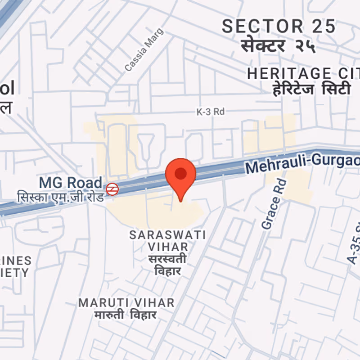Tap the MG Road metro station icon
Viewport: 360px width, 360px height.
[x=112, y=189]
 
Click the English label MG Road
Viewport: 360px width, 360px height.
[x=71, y=183]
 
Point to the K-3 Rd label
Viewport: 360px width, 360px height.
[x=211, y=112]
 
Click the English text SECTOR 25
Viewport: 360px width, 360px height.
[x=279, y=27]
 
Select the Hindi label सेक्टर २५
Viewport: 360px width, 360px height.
[x=278, y=45]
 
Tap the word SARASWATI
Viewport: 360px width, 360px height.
[x=167, y=235]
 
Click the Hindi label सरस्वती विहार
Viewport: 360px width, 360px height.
[x=167, y=265]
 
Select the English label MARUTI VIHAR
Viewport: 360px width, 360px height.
[x=126, y=303]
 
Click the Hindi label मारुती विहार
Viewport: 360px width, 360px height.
[x=126, y=315]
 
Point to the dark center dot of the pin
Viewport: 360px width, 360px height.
[x=180, y=173]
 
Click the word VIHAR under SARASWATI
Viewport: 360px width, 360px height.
[x=168, y=247]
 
